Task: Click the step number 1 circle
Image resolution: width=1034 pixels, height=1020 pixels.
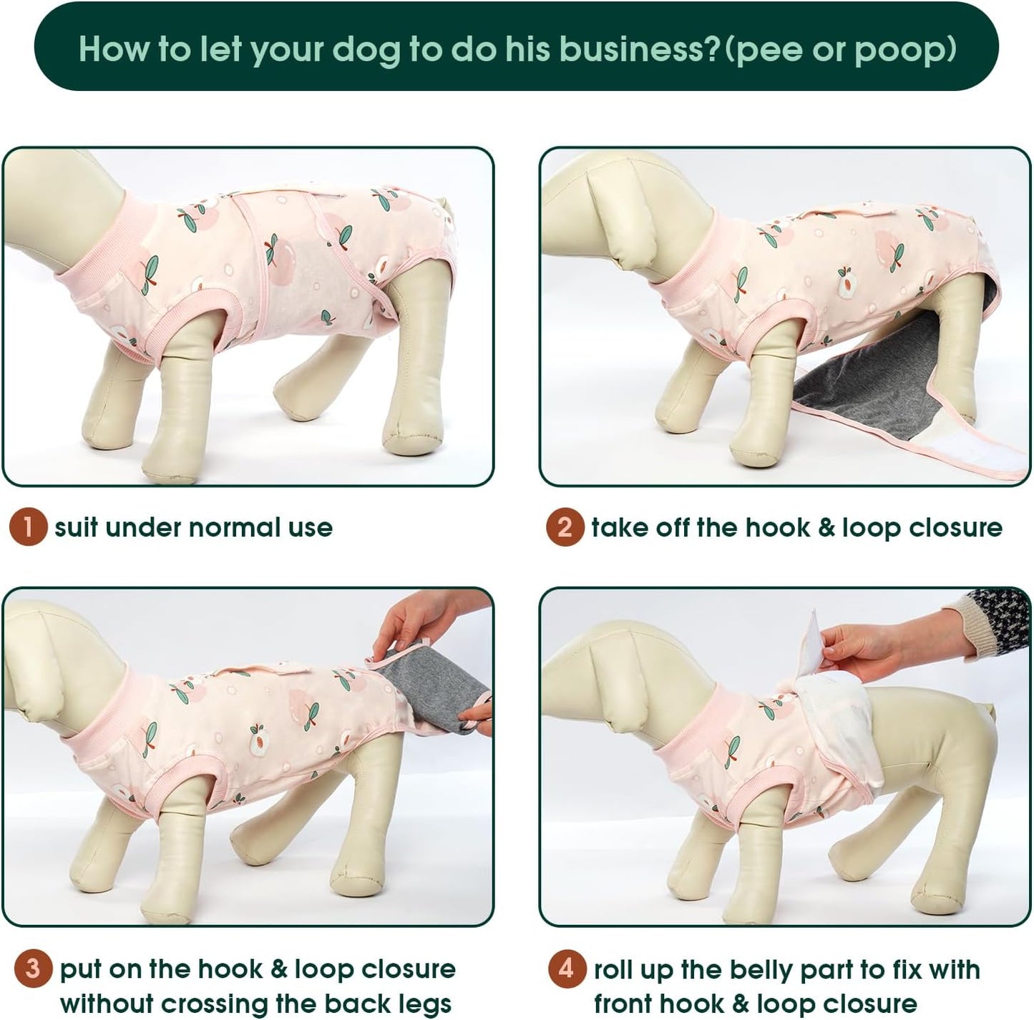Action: point(27,528)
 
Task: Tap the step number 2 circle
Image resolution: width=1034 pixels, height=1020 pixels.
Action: point(565,528)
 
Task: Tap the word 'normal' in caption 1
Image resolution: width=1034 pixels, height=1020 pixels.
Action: point(232,528)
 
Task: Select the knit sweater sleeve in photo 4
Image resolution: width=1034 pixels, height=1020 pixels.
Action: point(998,619)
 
